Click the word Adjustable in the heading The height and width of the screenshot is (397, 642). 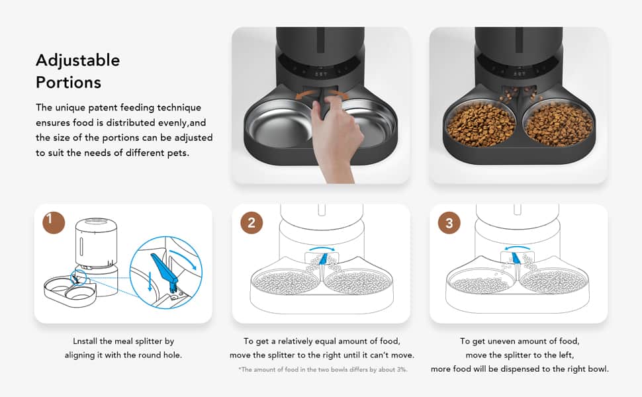[x=78, y=61]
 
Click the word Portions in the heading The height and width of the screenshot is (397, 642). [x=68, y=82]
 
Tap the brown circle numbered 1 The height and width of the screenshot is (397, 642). [x=54, y=222]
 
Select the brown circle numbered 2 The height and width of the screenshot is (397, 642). [x=252, y=222]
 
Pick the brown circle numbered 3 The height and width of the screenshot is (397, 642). [x=449, y=222]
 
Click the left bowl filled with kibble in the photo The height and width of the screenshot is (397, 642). [x=481, y=124]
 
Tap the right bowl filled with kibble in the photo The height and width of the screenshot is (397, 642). [x=559, y=123]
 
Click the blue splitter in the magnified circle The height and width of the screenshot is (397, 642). [x=165, y=269]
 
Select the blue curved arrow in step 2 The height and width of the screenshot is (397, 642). [x=322, y=248]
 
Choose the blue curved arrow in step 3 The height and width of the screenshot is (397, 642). [x=518, y=248]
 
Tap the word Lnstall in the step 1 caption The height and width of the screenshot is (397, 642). [x=85, y=341]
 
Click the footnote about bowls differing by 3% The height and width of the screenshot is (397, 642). [x=322, y=369]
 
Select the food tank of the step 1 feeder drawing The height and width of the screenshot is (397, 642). [x=96, y=242]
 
